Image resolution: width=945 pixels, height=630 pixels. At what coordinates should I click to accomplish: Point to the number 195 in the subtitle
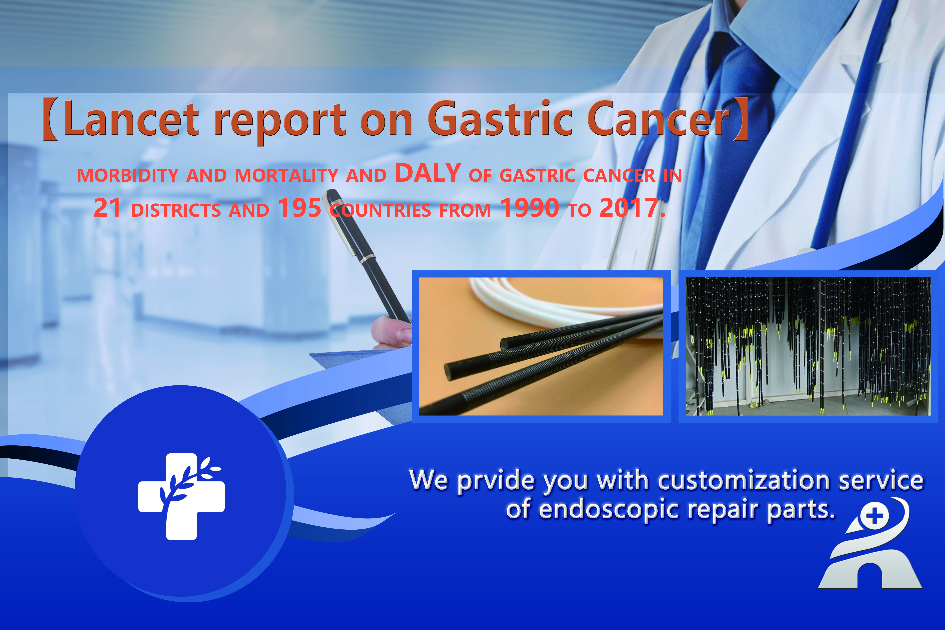[299, 208]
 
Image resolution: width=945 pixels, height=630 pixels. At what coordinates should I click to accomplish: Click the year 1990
[530, 208]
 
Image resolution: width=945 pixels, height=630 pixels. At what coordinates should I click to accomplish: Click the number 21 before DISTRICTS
[107, 208]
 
